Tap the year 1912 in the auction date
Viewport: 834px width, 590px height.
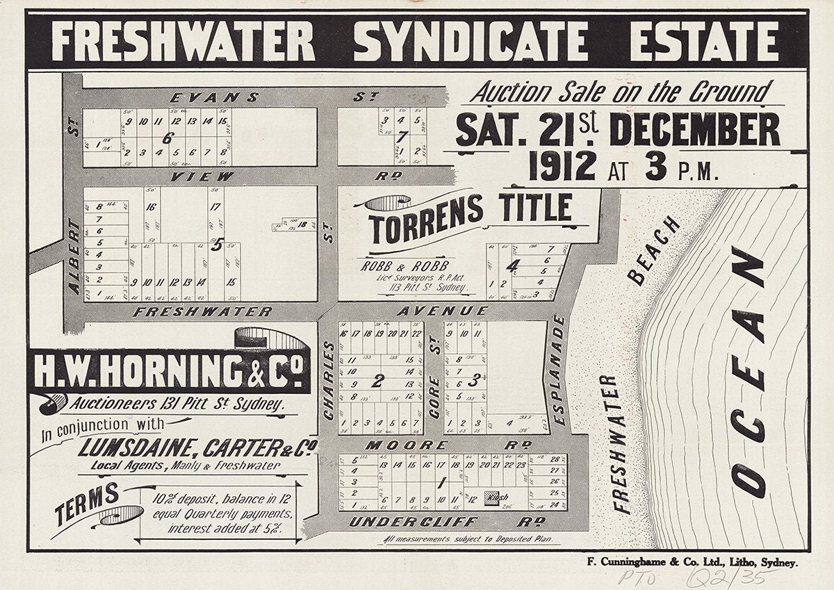562,167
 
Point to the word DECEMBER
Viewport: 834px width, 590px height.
694,130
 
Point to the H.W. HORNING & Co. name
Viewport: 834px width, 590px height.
171,371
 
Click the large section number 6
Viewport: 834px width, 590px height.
167,138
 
